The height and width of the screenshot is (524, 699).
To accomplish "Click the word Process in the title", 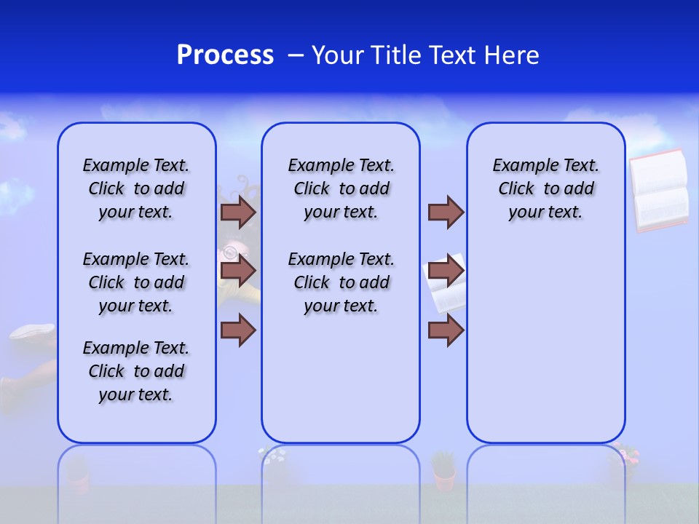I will [x=225, y=55].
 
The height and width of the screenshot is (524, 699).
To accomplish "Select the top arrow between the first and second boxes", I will [x=238, y=212].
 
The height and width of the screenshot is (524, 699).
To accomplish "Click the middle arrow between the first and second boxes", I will [x=238, y=271].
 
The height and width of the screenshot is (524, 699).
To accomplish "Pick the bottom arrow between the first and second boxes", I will [x=238, y=330].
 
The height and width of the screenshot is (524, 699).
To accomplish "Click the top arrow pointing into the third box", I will [x=446, y=212].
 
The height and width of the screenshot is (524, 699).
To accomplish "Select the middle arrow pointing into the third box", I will [x=446, y=271].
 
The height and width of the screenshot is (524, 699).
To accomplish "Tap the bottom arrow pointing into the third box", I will [x=446, y=330].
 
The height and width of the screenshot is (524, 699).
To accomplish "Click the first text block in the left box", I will [x=136, y=188].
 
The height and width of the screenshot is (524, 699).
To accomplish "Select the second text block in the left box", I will [x=136, y=282].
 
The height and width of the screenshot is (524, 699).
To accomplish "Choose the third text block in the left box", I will [x=136, y=371].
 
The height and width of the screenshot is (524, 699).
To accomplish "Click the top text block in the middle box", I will [x=341, y=188].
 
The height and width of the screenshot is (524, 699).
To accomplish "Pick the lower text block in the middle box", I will [x=341, y=282].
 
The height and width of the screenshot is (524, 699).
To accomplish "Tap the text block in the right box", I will [x=545, y=188].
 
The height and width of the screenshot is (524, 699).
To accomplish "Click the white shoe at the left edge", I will [x=33, y=333].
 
